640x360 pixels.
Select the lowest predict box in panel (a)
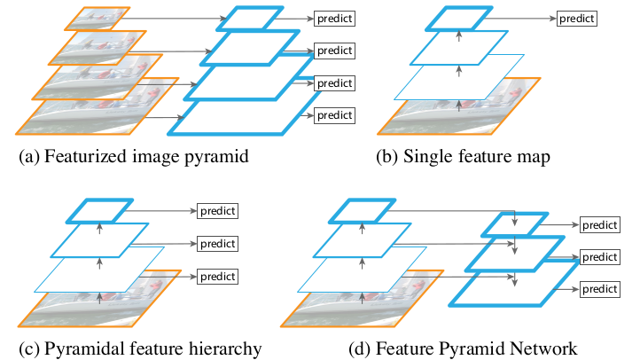pyautogui.click(x=334, y=115)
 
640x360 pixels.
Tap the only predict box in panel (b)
pyautogui.click(x=577, y=19)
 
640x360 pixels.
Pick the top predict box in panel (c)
pyautogui.click(x=217, y=212)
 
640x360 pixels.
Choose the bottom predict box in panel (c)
pyautogui.click(x=217, y=276)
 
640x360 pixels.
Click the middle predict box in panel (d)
pyautogui.click(x=599, y=257)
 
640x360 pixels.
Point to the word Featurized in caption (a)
pyautogui.click(x=87, y=158)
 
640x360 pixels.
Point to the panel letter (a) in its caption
pyautogui.click(x=29, y=158)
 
